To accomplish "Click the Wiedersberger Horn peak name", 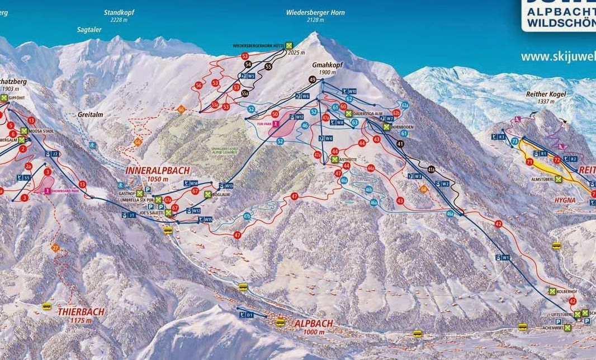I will [x=315, y=12].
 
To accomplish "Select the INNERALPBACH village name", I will [x=157, y=170].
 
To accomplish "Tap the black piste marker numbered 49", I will [x=312, y=80].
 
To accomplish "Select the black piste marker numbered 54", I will [x=248, y=65].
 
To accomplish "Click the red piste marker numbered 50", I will [x=275, y=114].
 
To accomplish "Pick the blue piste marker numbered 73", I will [x=514, y=142].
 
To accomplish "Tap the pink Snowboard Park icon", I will [x=47, y=191].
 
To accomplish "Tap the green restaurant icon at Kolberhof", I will [x=552, y=291].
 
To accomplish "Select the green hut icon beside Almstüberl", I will [x=558, y=179].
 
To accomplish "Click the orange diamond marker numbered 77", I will [x=55, y=248].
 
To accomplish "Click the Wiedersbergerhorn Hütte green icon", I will [x=289, y=45].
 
